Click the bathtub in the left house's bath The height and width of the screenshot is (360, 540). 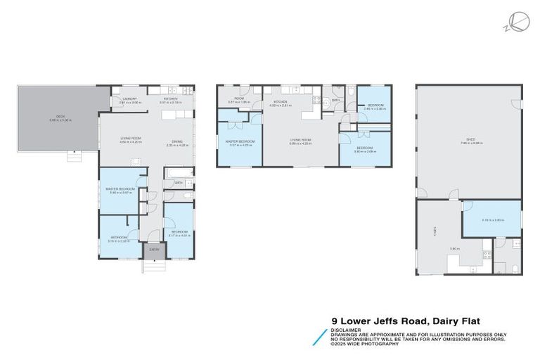pos(176,172)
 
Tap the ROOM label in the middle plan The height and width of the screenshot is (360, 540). pos(239,99)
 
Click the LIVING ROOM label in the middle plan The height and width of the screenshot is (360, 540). pos(300,140)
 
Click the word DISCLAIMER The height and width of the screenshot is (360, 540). pos(345,329)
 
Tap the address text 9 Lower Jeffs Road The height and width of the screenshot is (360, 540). pos(377,320)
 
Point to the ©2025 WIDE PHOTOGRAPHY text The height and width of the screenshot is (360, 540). pos(365,343)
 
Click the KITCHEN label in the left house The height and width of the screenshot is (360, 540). pos(171,100)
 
